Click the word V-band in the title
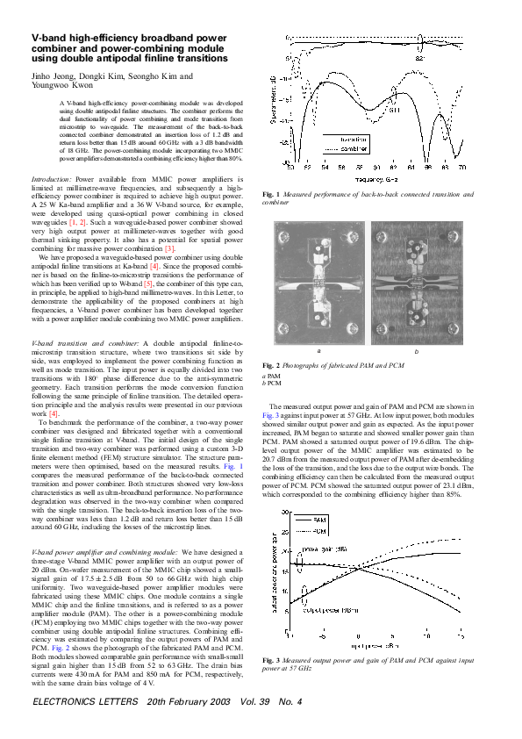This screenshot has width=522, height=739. (49, 39)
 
